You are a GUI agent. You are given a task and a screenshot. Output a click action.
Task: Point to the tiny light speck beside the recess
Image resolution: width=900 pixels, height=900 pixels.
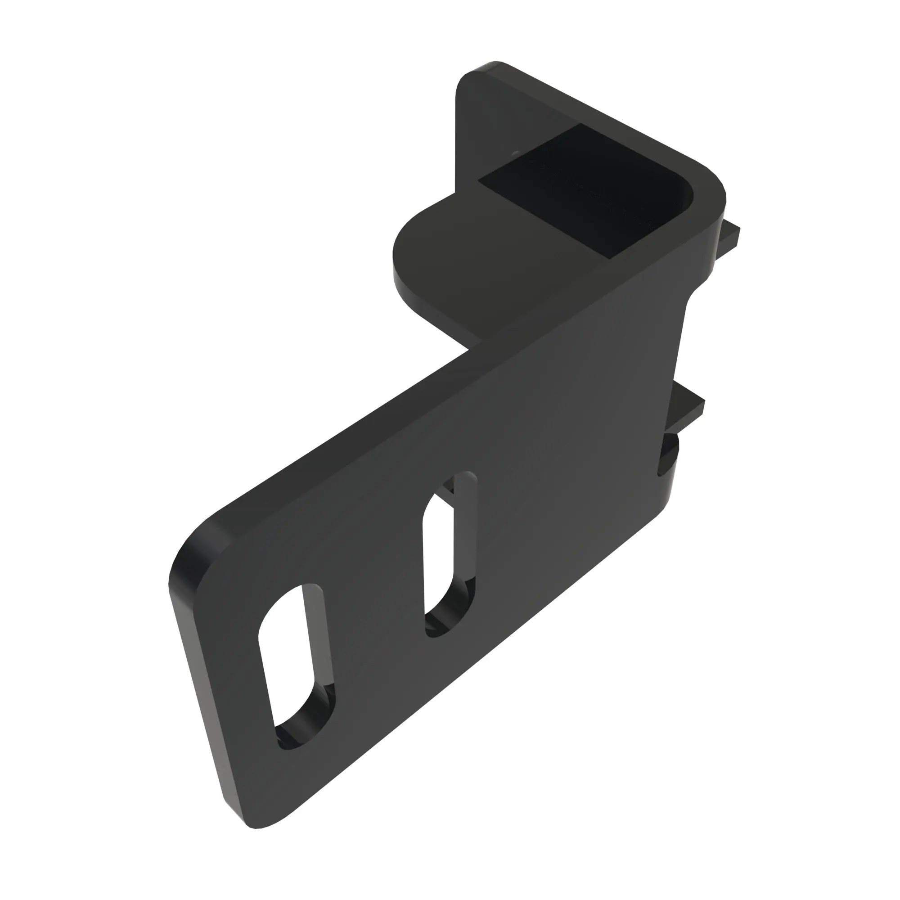pyautogui.click(x=515, y=153)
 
